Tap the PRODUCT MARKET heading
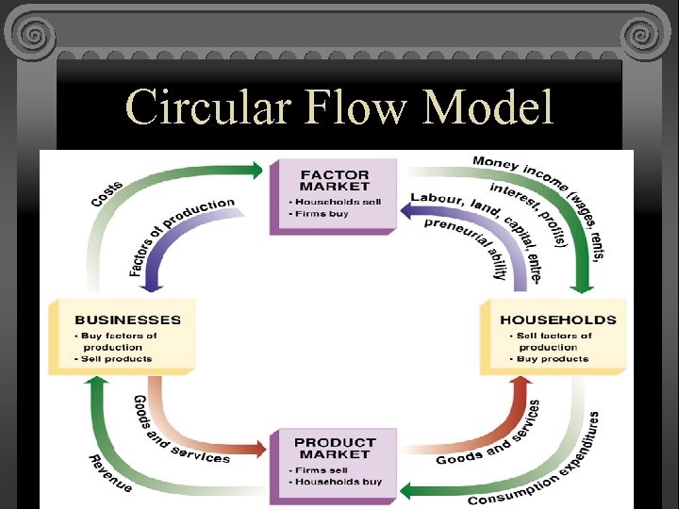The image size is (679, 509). coord(334,449)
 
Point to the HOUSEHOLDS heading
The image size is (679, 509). coord(557,320)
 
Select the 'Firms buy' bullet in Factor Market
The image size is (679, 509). coord(322,215)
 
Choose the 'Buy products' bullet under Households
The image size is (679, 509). coord(552,358)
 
